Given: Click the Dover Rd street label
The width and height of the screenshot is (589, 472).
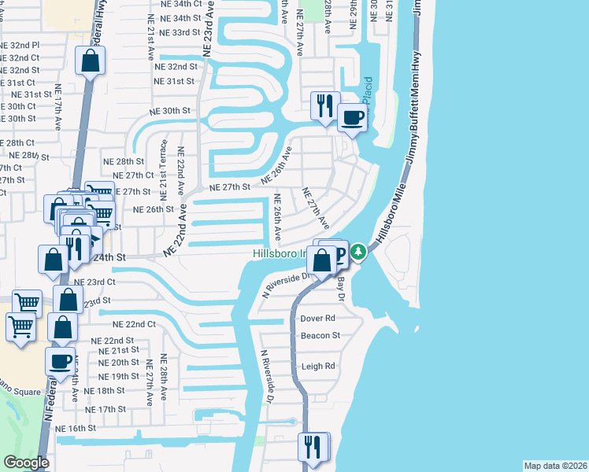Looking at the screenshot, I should coord(318,319).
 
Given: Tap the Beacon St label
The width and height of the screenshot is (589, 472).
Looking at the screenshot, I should coord(320,336).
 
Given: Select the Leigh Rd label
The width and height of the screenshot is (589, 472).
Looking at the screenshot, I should coord(318,367).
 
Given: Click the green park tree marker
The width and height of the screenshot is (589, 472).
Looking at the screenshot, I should coord(359,253).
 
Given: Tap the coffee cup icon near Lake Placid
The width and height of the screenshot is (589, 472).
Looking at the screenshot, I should coord(352,118).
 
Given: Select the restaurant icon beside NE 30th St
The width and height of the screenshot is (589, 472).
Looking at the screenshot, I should coord(324,105).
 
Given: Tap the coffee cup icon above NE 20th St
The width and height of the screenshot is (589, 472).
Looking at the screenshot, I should coord(61,361).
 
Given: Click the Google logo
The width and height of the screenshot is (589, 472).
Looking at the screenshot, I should coord(26,463).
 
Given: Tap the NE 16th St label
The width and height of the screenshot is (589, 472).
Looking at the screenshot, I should coord(75,429).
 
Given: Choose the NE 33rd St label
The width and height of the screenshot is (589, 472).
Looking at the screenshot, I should coord(175,33).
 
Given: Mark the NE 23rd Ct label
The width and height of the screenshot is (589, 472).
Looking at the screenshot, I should coord(95,282).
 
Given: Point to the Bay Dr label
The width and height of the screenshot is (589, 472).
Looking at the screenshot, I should coord(341,286).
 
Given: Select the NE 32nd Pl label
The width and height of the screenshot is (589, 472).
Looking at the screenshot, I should coord(19,46).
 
